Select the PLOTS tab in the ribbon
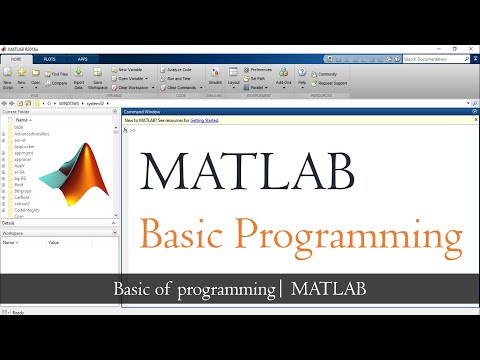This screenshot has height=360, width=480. pos(49,60)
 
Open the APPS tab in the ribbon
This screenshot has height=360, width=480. pos(82,60)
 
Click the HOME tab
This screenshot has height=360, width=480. pos(16,60)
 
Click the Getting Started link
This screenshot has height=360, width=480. pos(205,121)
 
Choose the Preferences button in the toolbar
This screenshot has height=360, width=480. pos(259,69)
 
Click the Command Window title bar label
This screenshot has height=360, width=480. pos(141,112)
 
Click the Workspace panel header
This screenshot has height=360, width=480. pos(13,233)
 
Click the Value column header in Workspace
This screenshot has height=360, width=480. pos(54,242)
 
